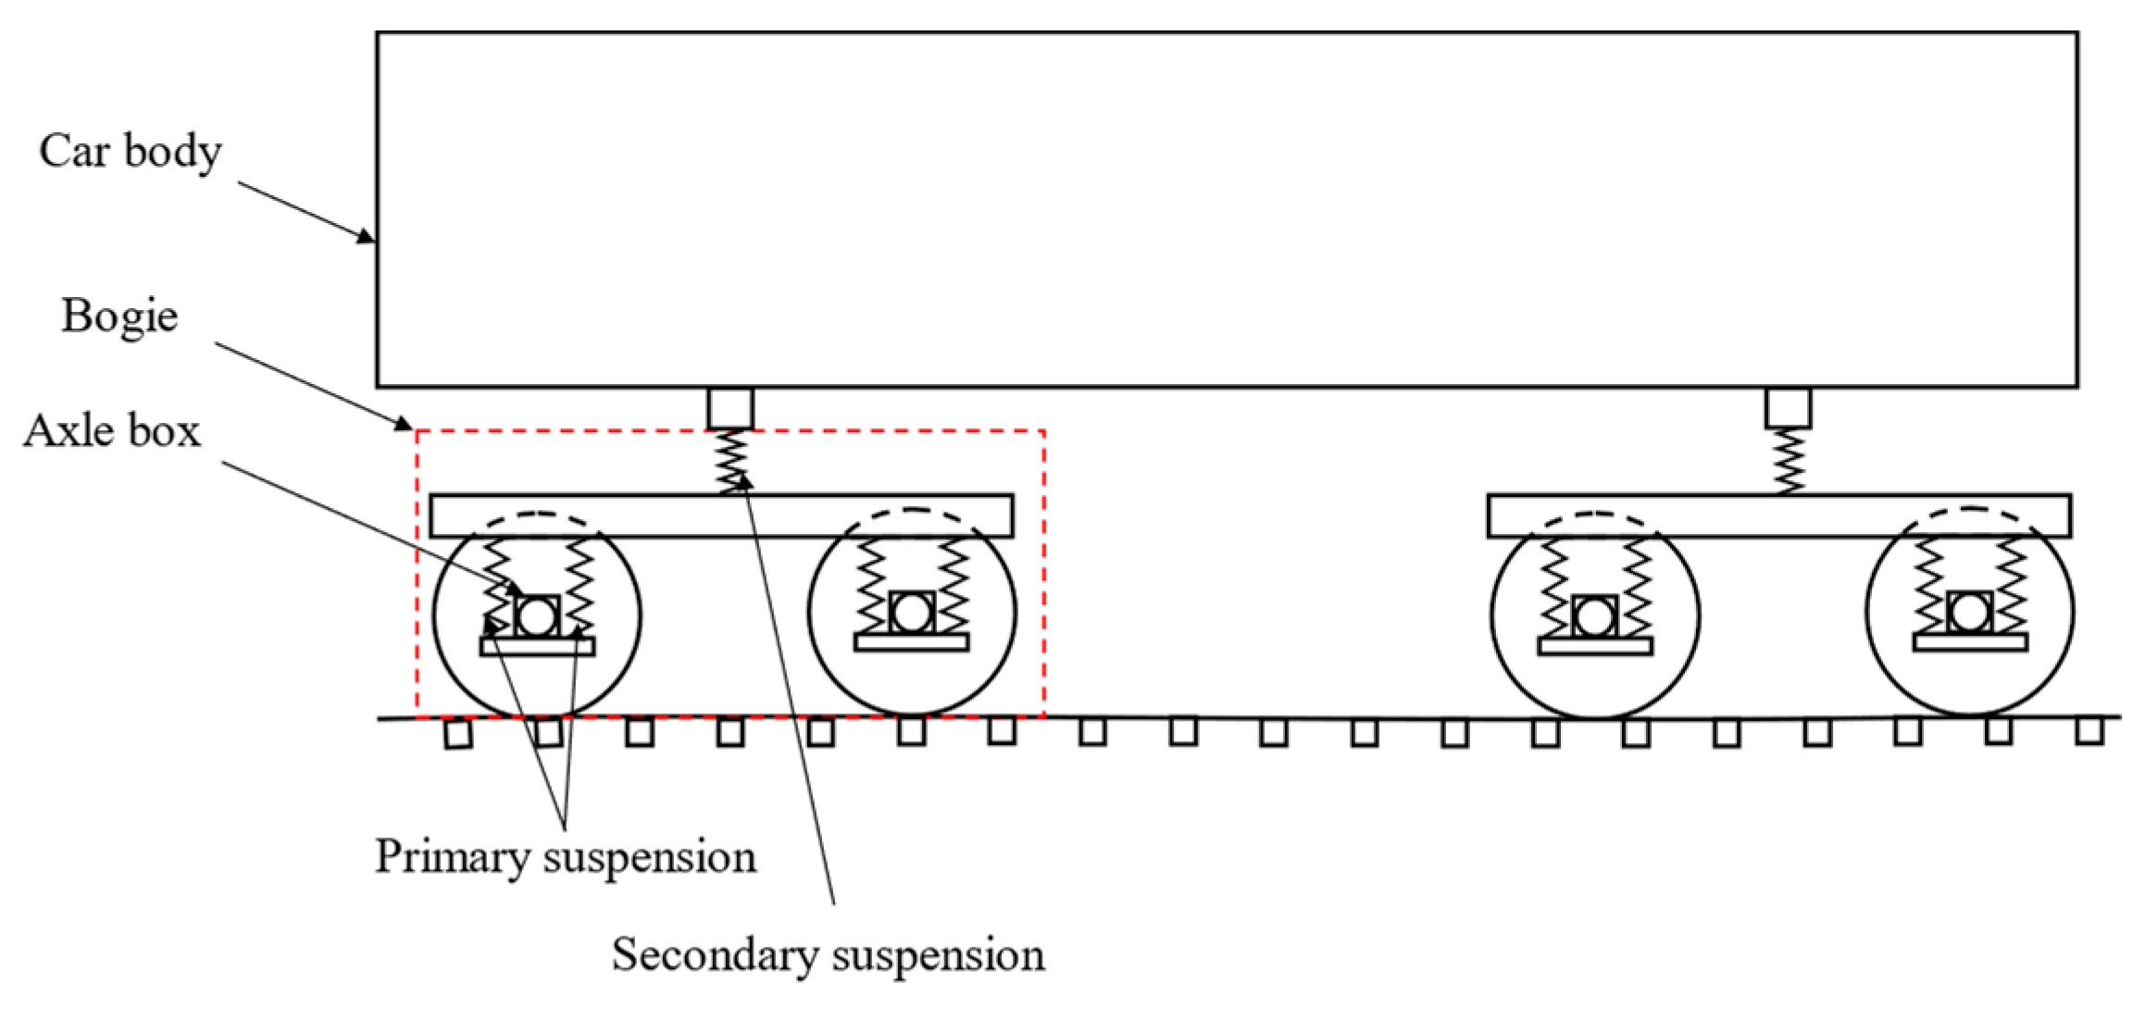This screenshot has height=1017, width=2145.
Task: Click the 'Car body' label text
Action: (x=130, y=151)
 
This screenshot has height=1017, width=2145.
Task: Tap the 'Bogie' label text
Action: (x=119, y=316)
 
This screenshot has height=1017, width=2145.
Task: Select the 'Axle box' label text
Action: (x=112, y=431)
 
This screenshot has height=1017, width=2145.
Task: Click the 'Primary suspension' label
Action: (x=565, y=856)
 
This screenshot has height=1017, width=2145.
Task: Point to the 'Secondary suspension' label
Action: (x=828, y=954)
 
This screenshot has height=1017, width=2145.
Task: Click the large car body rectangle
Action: (x=1227, y=209)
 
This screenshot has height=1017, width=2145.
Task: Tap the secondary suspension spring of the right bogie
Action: (x=1788, y=461)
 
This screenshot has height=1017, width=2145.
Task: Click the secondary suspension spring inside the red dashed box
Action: (x=730, y=461)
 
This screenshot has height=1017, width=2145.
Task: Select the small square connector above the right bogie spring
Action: (x=1788, y=407)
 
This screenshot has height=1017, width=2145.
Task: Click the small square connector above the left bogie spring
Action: (x=730, y=407)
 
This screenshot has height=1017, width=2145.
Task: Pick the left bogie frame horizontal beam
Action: (x=721, y=515)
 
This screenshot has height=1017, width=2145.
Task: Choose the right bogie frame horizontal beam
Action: (x=1779, y=515)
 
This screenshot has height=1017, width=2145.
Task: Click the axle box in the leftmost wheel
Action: (x=537, y=615)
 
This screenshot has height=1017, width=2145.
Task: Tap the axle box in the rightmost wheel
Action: (x=1969, y=612)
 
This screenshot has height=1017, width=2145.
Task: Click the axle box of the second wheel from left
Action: (x=912, y=612)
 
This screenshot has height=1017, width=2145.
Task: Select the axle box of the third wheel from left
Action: (x=1595, y=615)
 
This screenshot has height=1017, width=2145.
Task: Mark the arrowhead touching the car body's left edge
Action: (x=367, y=237)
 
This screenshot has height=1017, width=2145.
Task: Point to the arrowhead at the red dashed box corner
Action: (x=404, y=425)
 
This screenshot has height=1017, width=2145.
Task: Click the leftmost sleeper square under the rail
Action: (x=457, y=734)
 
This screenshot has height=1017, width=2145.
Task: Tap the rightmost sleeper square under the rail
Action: (x=2089, y=730)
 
